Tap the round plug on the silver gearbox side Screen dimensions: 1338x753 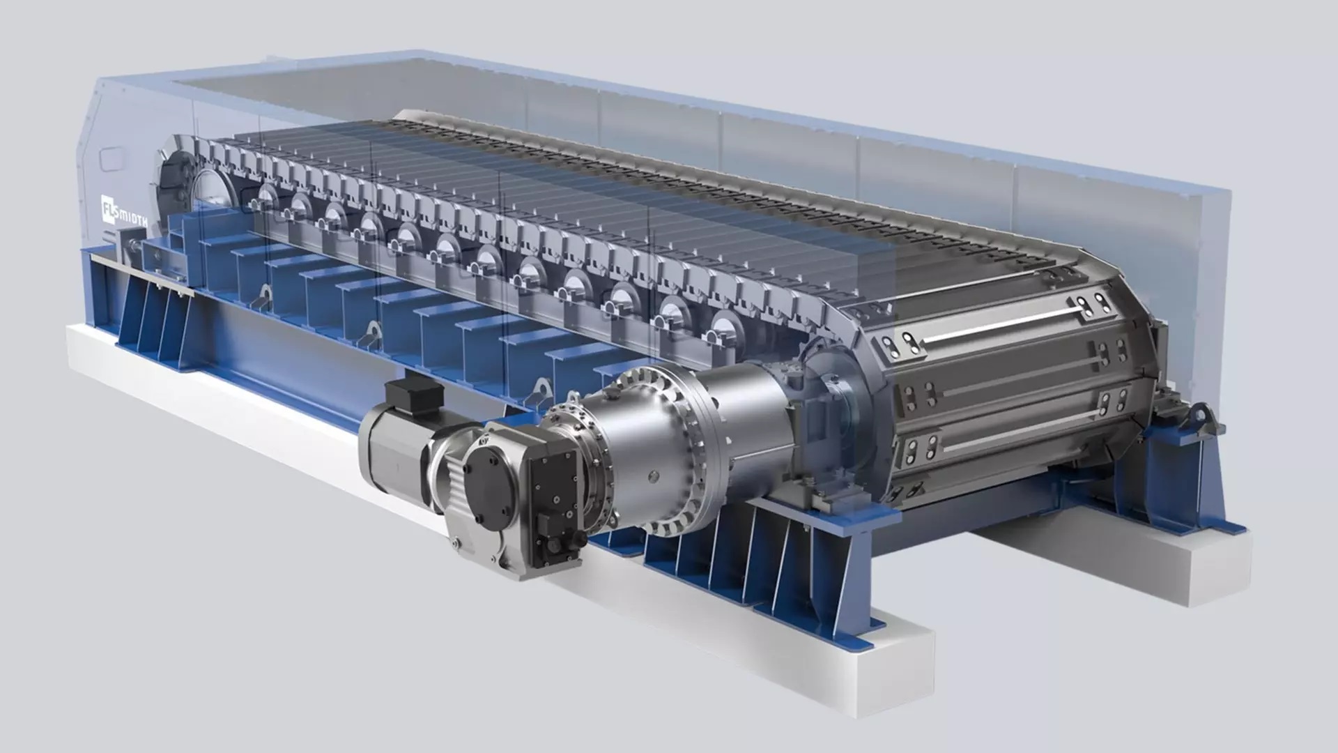tap(653, 476)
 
